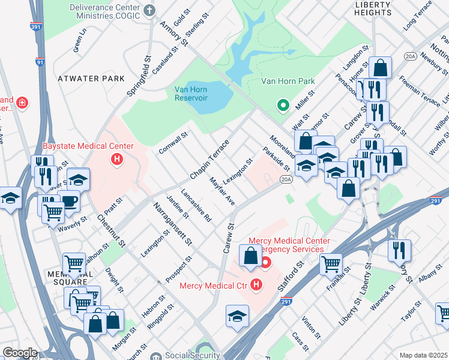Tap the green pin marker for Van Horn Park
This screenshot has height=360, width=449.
coord(283,106)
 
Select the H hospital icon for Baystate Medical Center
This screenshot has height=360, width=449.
coord(116,160)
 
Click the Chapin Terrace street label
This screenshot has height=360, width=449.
coord(209,160)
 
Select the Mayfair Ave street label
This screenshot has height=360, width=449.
coord(221,191)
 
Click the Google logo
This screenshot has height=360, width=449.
coord(19,353)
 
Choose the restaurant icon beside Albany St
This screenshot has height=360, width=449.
coord(399,250)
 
